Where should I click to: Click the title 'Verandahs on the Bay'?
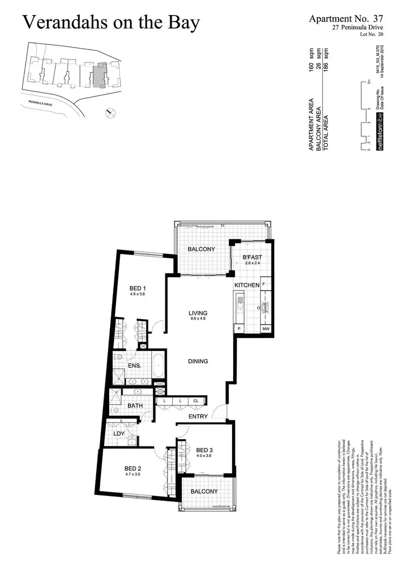click(x=111, y=23)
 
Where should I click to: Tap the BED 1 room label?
click(x=138, y=288)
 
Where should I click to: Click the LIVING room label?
click(x=198, y=313)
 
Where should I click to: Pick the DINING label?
click(x=198, y=362)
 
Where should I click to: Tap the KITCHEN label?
click(x=247, y=285)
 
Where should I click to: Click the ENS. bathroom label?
click(x=134, y=366)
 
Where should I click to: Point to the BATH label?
click(x=134, y=405)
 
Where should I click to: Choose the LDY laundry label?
click(x=119, y=434)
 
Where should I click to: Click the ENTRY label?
click(x=198, y=417)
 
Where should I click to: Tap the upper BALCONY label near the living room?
click(x=201, y=249)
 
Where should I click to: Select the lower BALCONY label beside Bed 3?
click(x=204, y=492)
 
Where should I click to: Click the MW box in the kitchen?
click(x=266, y=329)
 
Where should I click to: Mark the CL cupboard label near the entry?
click(x=195, y=401)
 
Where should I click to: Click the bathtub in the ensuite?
click(x=158, y=366)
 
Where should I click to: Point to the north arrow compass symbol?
click(x=110, y=112)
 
